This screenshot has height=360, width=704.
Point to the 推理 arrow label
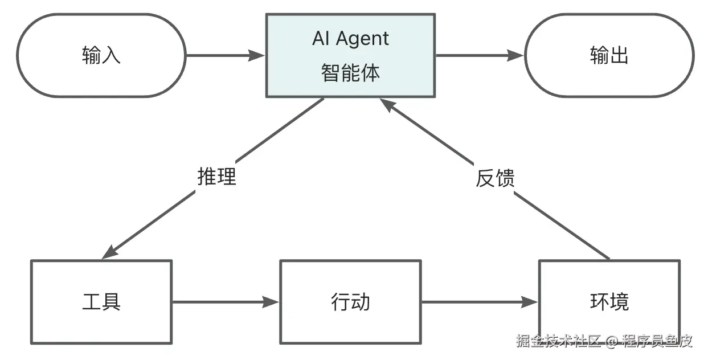point(216,176)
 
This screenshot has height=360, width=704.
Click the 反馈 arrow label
point(495,178)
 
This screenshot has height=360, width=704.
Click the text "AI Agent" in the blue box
point(350,39)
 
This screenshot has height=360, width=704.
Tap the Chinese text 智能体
point(350,73)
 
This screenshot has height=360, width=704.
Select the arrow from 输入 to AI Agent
point(226,56)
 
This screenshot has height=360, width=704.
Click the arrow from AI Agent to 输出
point(480,56)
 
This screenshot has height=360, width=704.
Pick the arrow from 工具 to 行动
point(226,302)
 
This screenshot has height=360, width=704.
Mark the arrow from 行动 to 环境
point(480,302)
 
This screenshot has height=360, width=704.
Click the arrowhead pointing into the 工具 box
point(110,252)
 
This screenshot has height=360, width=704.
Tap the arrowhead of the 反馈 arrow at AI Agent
point(387,105)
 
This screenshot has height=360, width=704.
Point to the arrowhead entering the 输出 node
point(515,56)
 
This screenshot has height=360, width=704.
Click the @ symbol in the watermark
point(612,341)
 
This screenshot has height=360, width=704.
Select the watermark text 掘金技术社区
point(558,341)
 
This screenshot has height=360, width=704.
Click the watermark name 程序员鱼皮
point(657,341)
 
